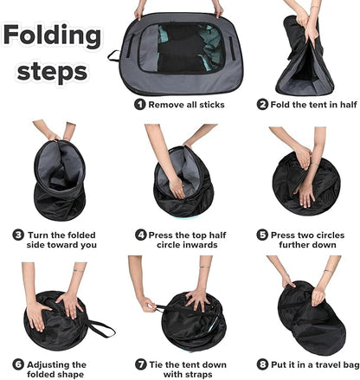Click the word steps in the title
click(52, 71)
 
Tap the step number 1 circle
click(140, 104)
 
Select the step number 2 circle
click(262, 104)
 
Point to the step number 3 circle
click(18, 235)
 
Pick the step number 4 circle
click(141, 235)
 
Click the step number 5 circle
click(262, 235)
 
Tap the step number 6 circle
click(18, 364)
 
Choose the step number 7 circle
click(141, 364)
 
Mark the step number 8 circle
click(262, 364)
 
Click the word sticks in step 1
click(212, 105)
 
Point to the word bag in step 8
click(352, 365)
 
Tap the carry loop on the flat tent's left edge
click(113, 55)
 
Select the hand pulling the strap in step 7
click(147, 305)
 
